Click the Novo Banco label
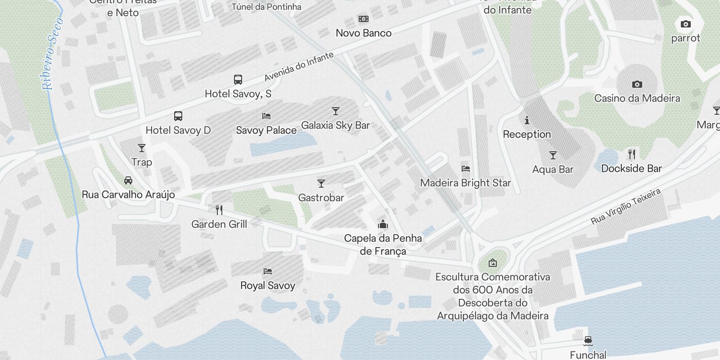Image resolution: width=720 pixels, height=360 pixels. pos(364,33)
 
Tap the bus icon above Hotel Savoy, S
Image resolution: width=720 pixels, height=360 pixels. pos(238,80)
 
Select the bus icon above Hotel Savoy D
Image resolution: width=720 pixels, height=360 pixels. pos(178,116)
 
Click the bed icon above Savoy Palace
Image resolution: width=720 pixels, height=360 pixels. pos(266,116)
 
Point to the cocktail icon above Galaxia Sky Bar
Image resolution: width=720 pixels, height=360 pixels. pos(335,111)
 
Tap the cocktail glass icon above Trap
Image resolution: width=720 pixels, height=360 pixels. pos(142,148)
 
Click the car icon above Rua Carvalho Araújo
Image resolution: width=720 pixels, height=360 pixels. pos(128,180)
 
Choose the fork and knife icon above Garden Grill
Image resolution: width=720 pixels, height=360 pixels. pos(219,210)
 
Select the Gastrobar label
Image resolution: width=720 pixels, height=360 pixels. pos(321,198)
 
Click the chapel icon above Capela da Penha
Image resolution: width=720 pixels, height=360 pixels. pos(383,224)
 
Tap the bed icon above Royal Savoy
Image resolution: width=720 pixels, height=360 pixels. pos(268,271)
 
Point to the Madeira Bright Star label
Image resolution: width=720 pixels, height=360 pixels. pos(465,183)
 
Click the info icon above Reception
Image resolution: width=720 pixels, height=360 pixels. pos(527,120)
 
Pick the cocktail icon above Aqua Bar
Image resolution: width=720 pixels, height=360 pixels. pos(553,155)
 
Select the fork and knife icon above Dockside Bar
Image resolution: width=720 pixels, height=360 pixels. pos(632,154)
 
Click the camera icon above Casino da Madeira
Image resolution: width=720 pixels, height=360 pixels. pos(637,84)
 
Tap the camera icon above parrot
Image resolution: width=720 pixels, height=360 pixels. pos(685,24)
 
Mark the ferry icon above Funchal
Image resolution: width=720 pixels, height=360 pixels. pos(588,341)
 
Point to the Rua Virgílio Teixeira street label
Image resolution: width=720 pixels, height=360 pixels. pos(626,207)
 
